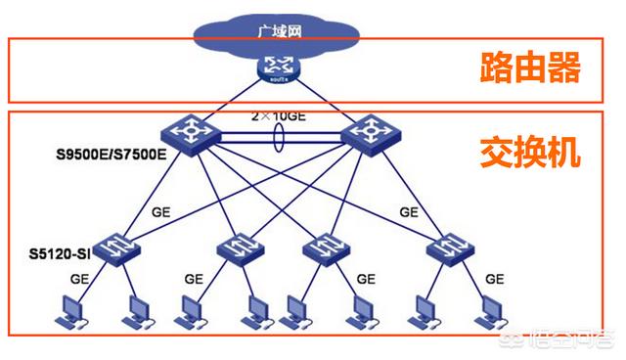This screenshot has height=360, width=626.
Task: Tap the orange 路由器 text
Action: pyautogui.click(x=532, y=68)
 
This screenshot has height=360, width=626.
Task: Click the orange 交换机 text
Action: pyautogui.click(x=532, y=153)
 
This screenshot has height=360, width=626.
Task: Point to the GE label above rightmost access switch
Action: pyautogui.click(x=409, y=211)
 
